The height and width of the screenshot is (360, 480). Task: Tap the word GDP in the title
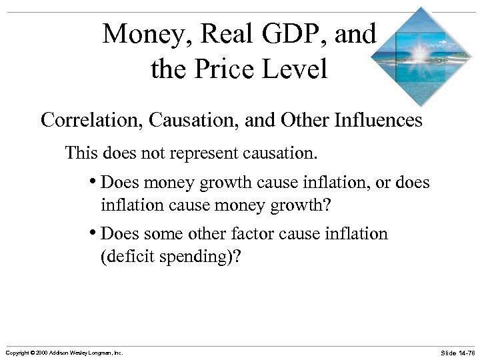(293, 34)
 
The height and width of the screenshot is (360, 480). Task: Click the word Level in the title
(297, 69)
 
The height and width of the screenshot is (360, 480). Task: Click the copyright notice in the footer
(63, 352)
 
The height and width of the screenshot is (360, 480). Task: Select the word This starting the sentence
(81, 154)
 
